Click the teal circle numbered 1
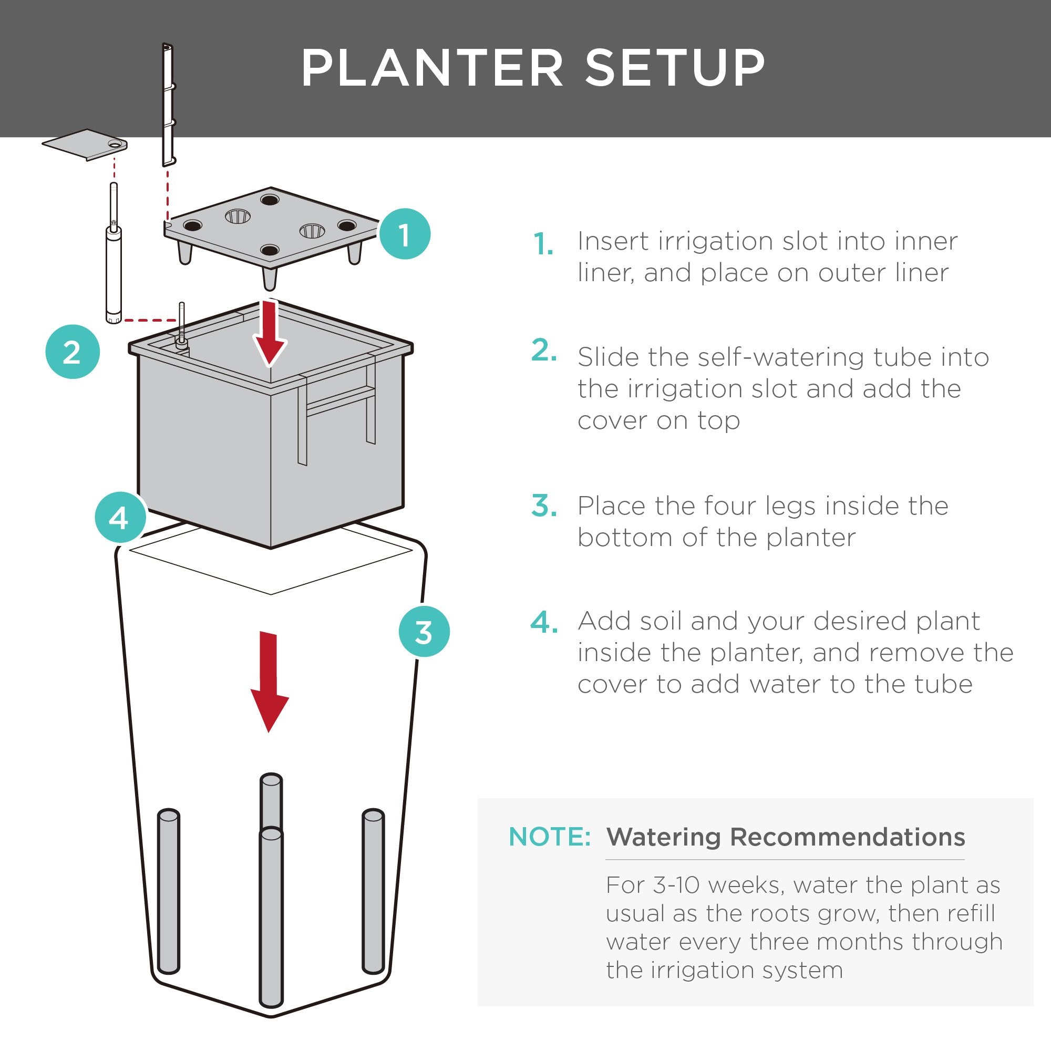click(x=404, y=234)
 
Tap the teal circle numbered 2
click(x=73, y=352)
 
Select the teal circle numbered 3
click(x=424, y=632)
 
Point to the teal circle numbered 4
click(x=120, y=517)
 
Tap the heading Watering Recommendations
click(x=786, y=837)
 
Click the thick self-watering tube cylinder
click(x=113, y=275)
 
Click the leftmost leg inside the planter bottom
click(x=168, y=892)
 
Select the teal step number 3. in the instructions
click(x=543, y=506)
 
